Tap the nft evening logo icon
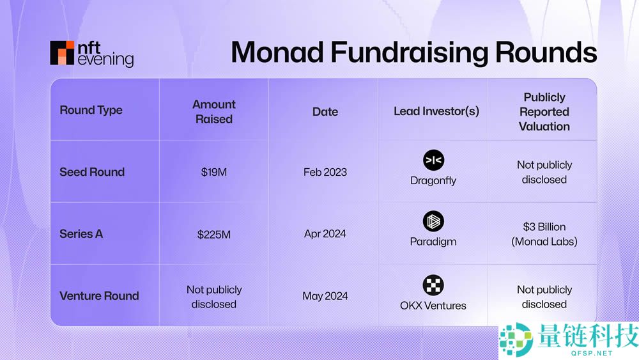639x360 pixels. pyautogui.click(x=62, y=53)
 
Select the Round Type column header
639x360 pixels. pyautogui.click(x=91, y=110)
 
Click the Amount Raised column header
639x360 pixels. pyautogui.click(x=214, y=111)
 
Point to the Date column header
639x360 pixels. pyautogui.click(x=325, y=111)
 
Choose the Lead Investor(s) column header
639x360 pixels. pyautogui.click(x=436, y=111)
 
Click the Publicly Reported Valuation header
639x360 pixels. pyautogui.click(x=544, y=111)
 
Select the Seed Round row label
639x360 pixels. pyautogui.click(x=92, y=172)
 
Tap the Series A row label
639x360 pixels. pyautogui.click(x=81, y=234)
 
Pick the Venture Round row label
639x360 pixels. pyautogui.click(x=99, y=295)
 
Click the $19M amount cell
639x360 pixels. pyautogui.click(x=213, y=173)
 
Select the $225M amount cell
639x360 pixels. pyautogui.click(x=213, y=235)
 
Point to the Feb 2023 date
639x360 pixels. pyautogui.click(x=325, y=173)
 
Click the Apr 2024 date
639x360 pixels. pyautogui.click(x=325, y=234)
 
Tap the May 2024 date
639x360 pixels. pyautogui.click(x=325, y=296)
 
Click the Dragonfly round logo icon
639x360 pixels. pyautogui.click(x=433, y=160)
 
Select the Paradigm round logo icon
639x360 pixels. pyautogui.click(x=433, y=222)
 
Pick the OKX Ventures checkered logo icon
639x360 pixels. pyautogui.click(x=433, y=285)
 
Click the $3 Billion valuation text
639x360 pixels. pyautogui.click(x=544, y=227)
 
